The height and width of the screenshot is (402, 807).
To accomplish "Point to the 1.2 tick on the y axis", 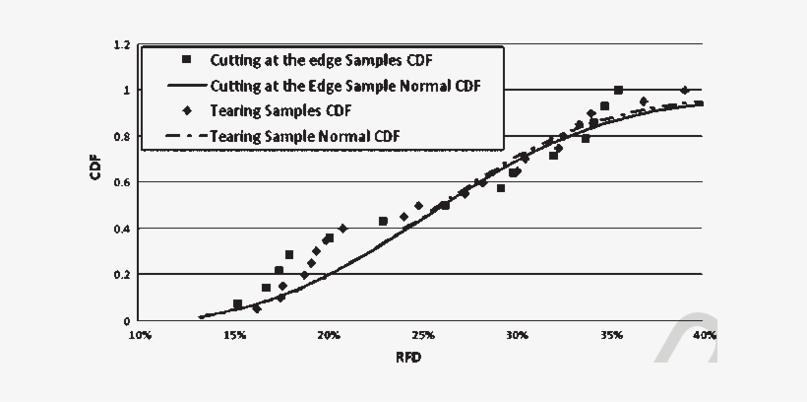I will [x=122, y=44].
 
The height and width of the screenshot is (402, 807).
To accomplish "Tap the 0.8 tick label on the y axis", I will [x=122, y=137].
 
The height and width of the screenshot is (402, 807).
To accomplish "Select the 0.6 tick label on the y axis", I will [x=122, y=183].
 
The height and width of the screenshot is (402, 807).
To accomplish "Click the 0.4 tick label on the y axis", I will [x=122, y=230].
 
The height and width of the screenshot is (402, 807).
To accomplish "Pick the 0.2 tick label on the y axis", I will [x=122, y=275].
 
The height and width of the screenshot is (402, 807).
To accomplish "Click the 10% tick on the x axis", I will [x=141, y=335].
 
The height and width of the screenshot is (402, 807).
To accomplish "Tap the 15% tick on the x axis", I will [x=234, y=335].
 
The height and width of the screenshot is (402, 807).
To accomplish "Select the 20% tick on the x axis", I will [x=329, y=335].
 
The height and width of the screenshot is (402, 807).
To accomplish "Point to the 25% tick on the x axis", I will [x=422, y=335].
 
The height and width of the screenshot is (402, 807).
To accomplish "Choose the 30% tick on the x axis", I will [x=517, y=335].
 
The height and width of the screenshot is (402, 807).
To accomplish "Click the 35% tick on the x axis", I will [x=610, y=335].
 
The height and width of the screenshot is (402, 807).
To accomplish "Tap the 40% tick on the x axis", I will [x=703, y=335].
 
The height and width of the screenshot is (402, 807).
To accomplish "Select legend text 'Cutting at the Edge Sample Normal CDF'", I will [x=343, y=85].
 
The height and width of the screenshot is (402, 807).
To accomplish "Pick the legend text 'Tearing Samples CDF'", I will [x=280, y=109].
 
